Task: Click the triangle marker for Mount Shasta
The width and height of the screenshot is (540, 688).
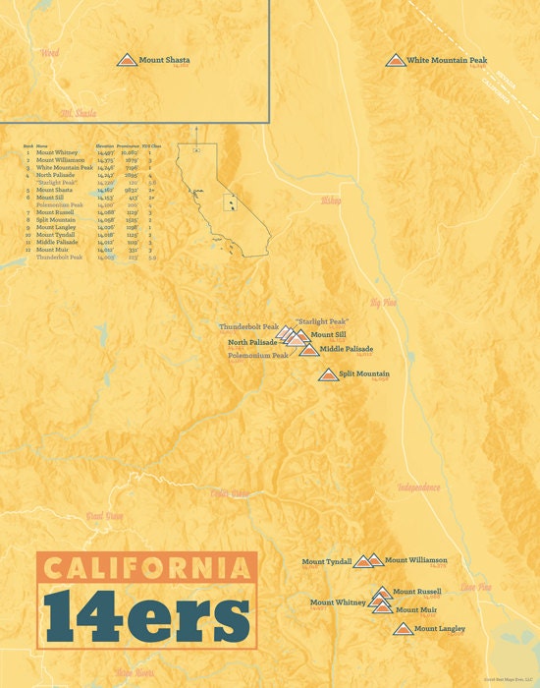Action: tap(127, 61)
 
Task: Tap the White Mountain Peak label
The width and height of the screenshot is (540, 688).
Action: tap(447, 61)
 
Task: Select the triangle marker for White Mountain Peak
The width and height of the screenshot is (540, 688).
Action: tap(395, 61)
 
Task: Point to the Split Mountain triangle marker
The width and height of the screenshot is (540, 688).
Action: tap(328, 374)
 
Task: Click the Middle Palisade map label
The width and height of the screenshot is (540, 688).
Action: tap(346, 349)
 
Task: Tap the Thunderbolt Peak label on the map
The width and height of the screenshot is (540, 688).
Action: tap(249, 326)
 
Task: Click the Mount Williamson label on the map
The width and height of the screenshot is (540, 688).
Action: tap(415, 560)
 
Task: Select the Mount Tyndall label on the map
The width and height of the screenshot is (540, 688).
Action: tap(326, 562)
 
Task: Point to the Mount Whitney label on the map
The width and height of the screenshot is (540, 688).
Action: tap(338, 602)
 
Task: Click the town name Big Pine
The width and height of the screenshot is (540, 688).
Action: tap(383, 302)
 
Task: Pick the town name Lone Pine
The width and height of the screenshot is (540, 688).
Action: tap(476, 587)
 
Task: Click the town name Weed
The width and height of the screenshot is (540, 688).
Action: tap(49, 52)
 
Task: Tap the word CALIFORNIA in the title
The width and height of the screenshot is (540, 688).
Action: tap(147, 567)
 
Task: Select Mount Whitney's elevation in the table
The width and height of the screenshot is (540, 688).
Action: tap(106, 153)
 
